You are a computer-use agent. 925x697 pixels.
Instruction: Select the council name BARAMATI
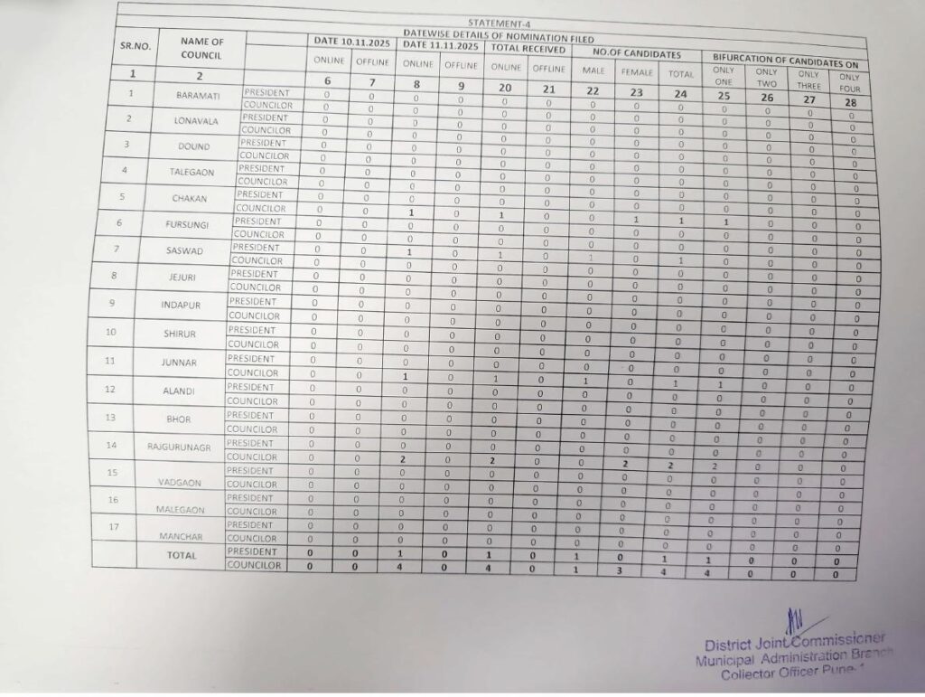[195, 94]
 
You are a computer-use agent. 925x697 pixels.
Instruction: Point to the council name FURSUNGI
[188, 224]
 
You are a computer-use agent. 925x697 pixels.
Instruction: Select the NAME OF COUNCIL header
[201, 48]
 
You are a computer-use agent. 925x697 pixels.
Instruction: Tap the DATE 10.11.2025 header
[352, 42]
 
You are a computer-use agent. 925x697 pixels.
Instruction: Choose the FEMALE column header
[637, 71]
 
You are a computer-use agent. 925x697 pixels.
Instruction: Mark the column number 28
[849, 102]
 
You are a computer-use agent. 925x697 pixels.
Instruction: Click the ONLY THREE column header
[809, 80]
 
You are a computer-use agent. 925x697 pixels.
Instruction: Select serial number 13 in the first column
[110, 418]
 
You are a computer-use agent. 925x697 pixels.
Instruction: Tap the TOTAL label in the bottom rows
[182, 556]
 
